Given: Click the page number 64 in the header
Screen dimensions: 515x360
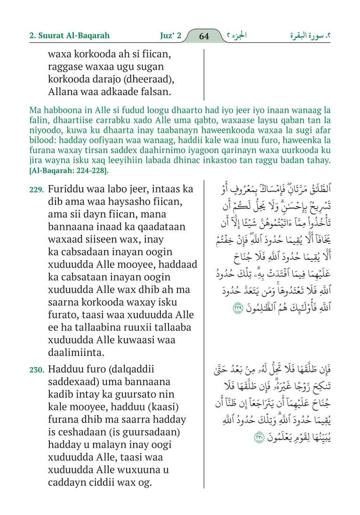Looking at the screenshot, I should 204,36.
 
